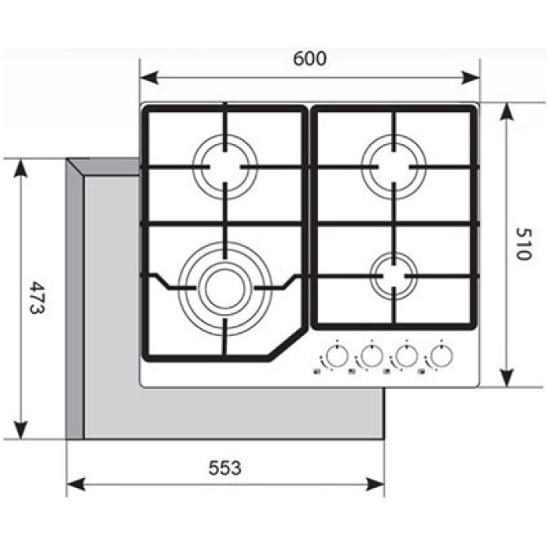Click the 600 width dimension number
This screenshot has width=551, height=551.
click(309, 59)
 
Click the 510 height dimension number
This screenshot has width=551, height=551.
click(524, 244)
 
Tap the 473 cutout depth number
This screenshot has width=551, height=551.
click(36, 297)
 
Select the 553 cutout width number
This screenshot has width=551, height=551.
click(225, 468)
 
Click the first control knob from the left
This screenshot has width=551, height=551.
click(337, 356)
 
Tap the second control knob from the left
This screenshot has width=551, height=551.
click(372, 356)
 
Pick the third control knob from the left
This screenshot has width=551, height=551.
click(406, 356)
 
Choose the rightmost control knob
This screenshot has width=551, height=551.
click(441, 356)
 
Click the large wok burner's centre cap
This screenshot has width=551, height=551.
click(225, 289)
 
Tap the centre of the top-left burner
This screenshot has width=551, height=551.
click(225, 167)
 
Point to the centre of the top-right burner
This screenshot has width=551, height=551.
click(394, 167)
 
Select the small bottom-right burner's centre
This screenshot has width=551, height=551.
click(394, 275)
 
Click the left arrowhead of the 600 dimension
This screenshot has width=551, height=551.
click(149, 77)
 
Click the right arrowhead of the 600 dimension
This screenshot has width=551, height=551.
click(471, 77)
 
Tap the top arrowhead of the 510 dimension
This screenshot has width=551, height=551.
click(506, 112)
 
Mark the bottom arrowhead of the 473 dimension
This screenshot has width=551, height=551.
click(21, 430)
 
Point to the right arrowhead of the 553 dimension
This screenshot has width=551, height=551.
click(375, 484)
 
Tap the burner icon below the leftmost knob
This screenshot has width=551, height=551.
click(316, 372)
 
